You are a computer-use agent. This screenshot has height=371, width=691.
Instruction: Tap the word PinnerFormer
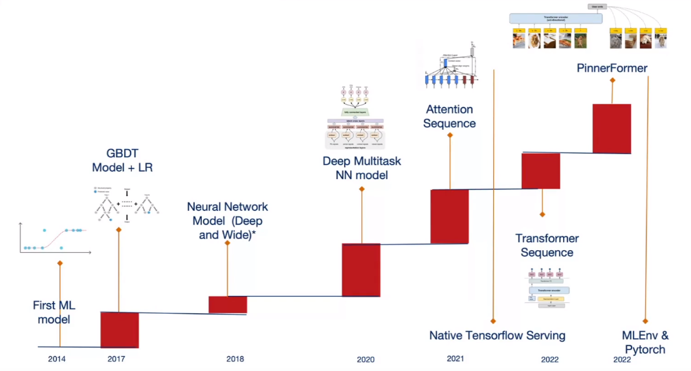[x=612, y=67]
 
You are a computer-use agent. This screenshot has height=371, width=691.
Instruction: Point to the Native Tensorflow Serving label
[x=497, y=335]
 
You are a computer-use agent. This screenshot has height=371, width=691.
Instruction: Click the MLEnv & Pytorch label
[x=645, y=342]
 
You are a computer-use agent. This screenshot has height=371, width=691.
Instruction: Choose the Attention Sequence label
[x=449, y=116]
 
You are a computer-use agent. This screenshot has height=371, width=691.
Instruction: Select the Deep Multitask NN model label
[x=361, y=168]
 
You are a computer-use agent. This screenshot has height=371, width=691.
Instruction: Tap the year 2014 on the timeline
[x=57, y=359]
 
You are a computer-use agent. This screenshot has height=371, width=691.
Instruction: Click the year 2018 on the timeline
[x=235, y=359]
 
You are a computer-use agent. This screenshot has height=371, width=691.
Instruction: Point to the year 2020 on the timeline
[x=366, y=359]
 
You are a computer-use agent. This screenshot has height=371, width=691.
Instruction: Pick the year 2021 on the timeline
[x=455, y=359]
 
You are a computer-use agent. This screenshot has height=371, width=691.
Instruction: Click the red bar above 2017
[x=120, y=330]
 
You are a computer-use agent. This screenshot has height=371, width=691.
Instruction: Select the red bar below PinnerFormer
[x=611, y=128]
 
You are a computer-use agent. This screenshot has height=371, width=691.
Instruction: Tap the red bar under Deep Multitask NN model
[x=361, y=270]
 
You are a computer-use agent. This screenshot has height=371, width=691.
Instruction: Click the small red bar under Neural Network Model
[x=228, y=304]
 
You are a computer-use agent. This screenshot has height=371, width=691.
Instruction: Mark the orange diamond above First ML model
[x=59, y=263]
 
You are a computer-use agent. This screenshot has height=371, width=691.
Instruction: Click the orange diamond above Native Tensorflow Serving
[x=493, y=321]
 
